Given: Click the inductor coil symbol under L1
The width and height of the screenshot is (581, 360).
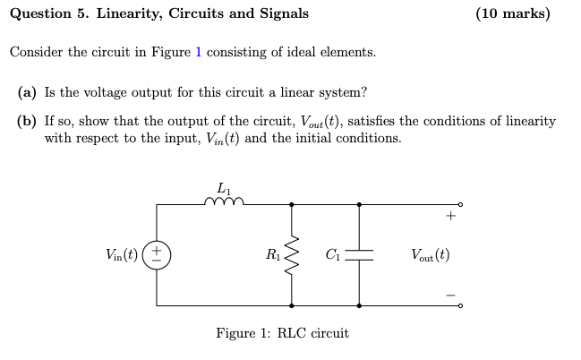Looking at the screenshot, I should [223, 202].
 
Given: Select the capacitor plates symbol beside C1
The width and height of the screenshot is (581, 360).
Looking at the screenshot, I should [360, 254].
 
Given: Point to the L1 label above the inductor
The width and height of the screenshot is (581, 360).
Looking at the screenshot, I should [223, 187].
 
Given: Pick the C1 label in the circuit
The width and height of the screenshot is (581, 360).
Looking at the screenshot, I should [332, 254].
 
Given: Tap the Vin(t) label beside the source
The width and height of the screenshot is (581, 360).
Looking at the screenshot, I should [123, 254].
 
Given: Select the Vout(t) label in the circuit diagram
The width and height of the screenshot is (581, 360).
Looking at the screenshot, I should [430, 254].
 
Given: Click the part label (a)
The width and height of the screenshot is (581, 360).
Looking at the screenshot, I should [28, 92].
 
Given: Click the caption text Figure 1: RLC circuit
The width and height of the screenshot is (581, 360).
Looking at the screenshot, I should [282, 333].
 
